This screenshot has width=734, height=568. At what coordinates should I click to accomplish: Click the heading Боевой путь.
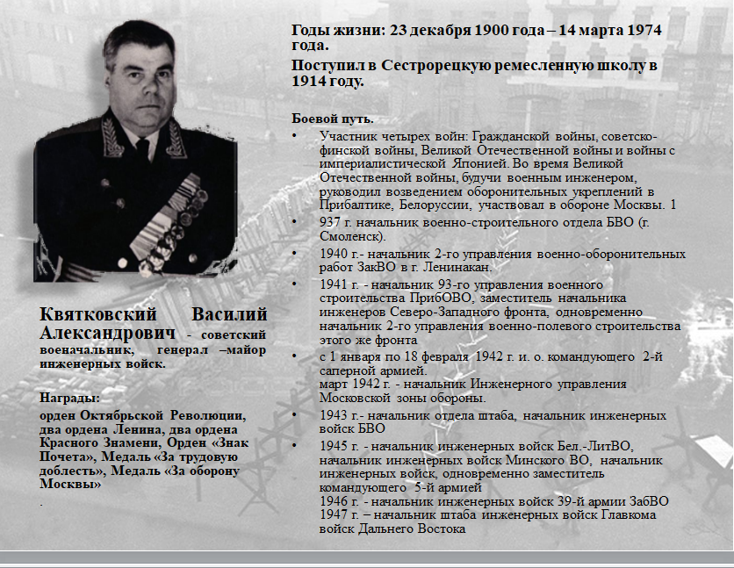(333, 119)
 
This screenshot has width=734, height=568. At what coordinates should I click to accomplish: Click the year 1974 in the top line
(639, 31)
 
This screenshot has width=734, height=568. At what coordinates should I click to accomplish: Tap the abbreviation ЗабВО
(651, 501)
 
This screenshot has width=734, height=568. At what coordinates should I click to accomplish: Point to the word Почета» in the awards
(61, 457)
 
